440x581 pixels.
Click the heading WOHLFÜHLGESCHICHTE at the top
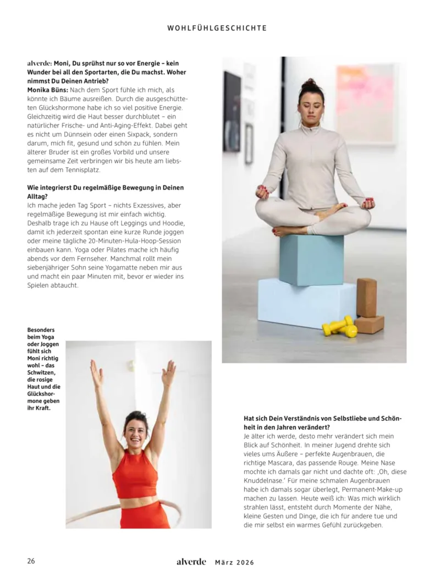(217, 28)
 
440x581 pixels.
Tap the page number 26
(31, 561)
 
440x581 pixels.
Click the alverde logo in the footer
(191, 562)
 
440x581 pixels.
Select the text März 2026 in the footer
(234, 562)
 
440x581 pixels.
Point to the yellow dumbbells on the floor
(339, 326)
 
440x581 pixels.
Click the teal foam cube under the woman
(311, 259)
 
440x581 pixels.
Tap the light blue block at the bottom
(306, 301)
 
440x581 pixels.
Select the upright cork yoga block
(366, 297)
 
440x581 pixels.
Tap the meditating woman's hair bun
(311, 84)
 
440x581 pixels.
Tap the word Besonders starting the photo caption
(41, 330)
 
